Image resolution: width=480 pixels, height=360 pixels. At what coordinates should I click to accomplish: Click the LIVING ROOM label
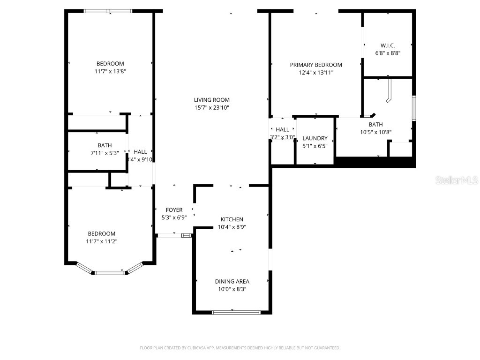click(211, 100)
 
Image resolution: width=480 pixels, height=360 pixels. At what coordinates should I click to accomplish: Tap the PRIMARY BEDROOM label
click(315, 65)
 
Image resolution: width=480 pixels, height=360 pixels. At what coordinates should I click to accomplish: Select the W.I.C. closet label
click(388, 45)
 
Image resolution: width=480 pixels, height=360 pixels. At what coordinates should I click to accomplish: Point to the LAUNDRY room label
click(315, 138)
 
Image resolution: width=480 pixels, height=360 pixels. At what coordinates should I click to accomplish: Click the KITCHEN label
click(232, 219)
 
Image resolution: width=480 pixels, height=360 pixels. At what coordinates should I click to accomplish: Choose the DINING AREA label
click(232, 281)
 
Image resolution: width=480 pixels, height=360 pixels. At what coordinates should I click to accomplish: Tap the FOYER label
click(174, 210)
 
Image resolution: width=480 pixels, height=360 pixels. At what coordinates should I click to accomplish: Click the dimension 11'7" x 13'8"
click(110, 72)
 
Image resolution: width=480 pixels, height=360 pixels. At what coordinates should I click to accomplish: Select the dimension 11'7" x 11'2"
click(102, 241)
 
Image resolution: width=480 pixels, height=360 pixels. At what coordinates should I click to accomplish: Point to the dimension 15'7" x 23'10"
click(211, 108)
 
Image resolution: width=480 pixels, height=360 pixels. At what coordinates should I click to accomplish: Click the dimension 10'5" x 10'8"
click(375, 132)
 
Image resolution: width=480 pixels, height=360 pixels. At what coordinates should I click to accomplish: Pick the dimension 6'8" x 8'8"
click(388, 53)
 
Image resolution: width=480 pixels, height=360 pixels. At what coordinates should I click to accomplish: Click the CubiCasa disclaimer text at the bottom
click(240, 348)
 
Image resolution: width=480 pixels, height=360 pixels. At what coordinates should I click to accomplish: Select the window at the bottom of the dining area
click(236, 312)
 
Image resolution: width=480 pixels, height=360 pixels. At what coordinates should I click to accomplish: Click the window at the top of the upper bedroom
click(108, 10)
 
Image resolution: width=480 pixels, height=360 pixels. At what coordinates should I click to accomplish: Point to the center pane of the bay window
click(110, 272)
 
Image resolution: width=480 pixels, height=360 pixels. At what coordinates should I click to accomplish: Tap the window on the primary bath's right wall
click(414, 108)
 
